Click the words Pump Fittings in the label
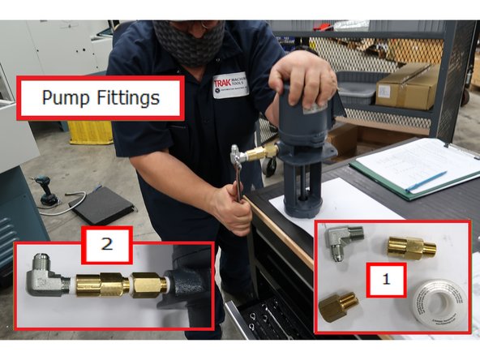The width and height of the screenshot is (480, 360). point(101,99)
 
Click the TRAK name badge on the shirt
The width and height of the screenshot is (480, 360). point(230,85)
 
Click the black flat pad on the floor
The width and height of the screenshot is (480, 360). point(101,206)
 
